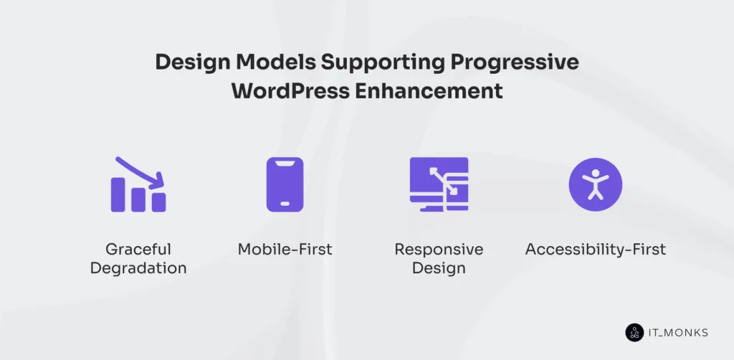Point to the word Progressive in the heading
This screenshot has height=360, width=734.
click(x=514, y=63)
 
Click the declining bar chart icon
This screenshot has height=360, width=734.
click(x=138, y=185)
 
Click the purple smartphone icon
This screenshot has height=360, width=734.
click(x=285, y=184)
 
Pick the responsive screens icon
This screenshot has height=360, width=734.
click(x=439, y=184)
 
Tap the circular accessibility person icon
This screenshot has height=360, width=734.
click(x=595, y=184)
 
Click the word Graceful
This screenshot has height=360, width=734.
click(x=138, y=250)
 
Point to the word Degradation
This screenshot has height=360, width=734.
click(x=138, y=268)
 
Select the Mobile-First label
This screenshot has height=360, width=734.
click(x=285, y=250)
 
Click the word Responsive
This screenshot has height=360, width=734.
click(x=439, y=250)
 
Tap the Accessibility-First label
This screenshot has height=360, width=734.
click(x=595, y=250)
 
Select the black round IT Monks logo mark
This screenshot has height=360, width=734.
click(x=635, y=332)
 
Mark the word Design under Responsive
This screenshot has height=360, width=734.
click(x=439, y=268)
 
